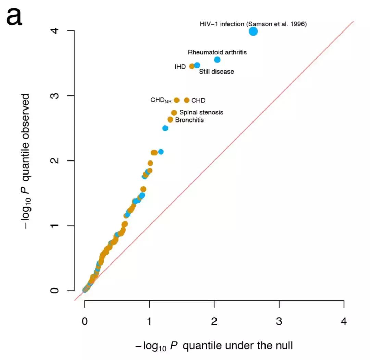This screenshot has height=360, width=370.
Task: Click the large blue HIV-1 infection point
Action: pyautogui.click(x=253, y=31)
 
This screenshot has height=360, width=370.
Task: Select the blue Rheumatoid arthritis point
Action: pyautogui.click(x=217, y=60)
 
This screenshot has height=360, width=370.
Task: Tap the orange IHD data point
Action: pyautogui.click(x=192, y=66)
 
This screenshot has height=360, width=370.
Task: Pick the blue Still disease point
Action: pyautogui.click(x=197, y=65)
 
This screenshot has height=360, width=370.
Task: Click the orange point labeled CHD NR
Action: pyautogui.click(x=177, y=100)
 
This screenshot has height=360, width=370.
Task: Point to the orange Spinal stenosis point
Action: pyautogui.click(x=174, y=113)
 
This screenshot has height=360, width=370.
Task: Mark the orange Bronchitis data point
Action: pyautogui.click(x=170, y=119)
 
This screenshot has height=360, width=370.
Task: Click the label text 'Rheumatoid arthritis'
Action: pyautogui.click(x=217, y=52)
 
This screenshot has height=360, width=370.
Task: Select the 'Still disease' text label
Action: pyautogui.click(x=217, y=72)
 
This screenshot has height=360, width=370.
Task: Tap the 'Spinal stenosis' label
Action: pyautogui.click(x=201, y=112)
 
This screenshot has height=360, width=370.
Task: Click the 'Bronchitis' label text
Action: pyautogui.click(x=189, y=120)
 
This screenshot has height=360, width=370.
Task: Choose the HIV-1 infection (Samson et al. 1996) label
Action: pyautogui.click(x=253, y=24)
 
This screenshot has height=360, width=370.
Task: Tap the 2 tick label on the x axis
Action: pyautogui.click(x=214, y=322)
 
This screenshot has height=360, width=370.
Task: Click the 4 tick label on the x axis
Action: pyautogui.click(x=344, y=322)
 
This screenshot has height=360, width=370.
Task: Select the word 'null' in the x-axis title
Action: pyautogui.click(x=283, y=346)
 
